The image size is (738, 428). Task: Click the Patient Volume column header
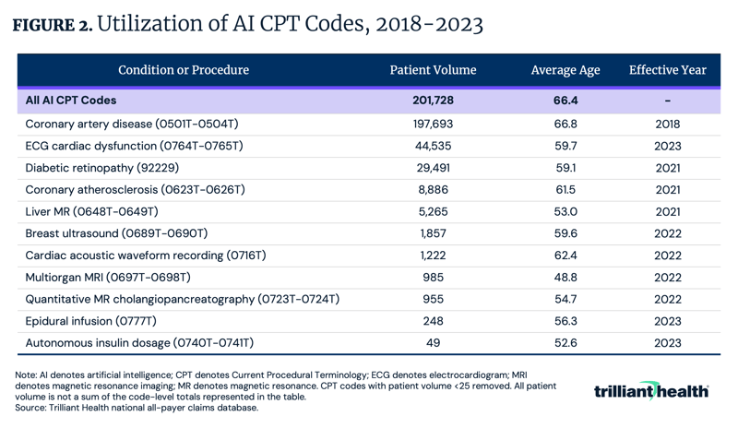[x=433, y=70]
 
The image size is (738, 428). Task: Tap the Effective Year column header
[x=668, y=70]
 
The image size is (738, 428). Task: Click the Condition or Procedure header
[x=183, y=70]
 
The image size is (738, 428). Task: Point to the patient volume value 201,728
[x=433, y=101]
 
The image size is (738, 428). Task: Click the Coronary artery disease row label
[x=132, y=123]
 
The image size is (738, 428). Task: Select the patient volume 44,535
[x=433, y=145]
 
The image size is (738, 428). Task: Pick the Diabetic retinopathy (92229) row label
[x=102, y=167]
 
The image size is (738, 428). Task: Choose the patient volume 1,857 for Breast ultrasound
[x=433, y=233]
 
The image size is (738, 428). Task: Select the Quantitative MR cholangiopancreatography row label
[x=183, y=299]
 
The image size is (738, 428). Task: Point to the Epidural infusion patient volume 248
[x=433, y=321]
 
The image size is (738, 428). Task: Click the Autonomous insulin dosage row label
[x=139, y=343]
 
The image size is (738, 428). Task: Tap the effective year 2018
[x=668, y=123]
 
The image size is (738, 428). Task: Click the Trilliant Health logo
[x=651, y=391]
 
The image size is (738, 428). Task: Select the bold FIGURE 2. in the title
[x=52, y=25]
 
